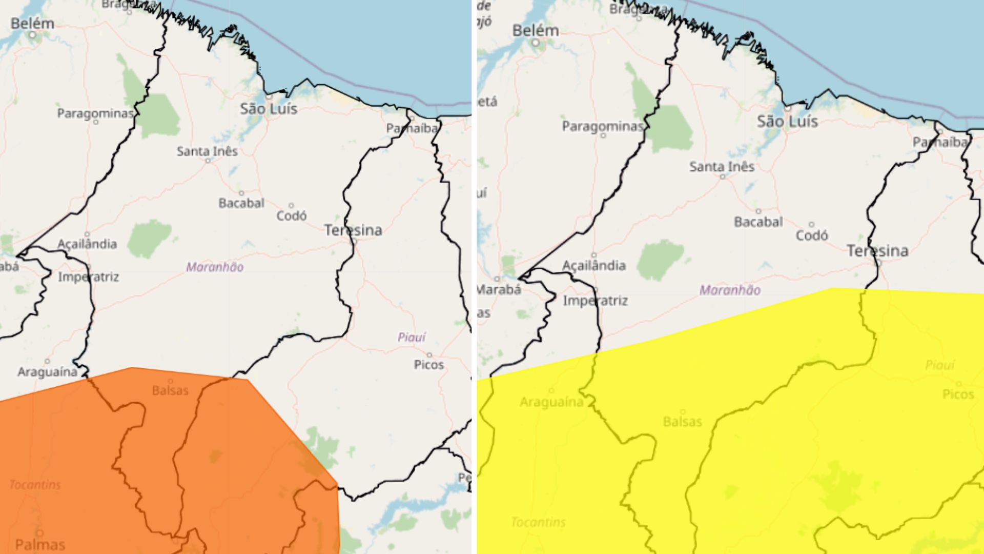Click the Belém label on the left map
32,24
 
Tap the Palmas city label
40,544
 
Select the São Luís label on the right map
787,122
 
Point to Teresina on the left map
353,230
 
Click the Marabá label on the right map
498,289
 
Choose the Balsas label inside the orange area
170,390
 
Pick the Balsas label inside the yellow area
682,422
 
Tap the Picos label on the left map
429,365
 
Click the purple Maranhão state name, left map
215,267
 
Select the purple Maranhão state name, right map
730,290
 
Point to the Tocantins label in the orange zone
35,485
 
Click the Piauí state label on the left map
412,337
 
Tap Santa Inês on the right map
722,167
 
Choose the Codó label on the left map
292,216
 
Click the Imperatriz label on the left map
88,277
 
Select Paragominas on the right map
603,126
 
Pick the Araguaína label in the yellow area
551,402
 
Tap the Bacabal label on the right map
758,222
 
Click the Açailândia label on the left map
87,244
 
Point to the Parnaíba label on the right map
939,142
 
